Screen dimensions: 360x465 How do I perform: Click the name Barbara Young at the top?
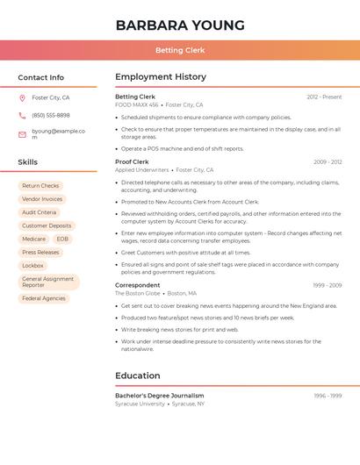pyautogui.click(x=180, y=25)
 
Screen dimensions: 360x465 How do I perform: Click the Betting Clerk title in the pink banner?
pyautogui.click(x=180, y=50)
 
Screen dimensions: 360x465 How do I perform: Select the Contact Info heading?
pyautogui.click(x=41, y=77)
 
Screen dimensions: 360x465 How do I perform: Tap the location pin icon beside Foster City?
pyautogui.click(x=22, y=98)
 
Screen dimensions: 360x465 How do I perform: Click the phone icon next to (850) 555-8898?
pyautogui.click(x=22, y=115)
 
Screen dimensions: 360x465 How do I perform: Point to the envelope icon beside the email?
pyautogui.click(x=22, y=134)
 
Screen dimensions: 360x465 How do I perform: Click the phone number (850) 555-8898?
pyautogui.click(x=51, y=115)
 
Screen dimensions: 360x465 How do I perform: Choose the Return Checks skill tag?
pyautogui.click(x=40, y=186)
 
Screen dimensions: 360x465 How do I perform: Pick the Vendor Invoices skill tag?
pyautogui.click(x=42, y=199)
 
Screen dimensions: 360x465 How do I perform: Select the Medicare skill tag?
pyautogui.click(x=33, y=239)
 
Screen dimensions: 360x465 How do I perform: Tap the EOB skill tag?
pyautogui.click(x=62, y=239)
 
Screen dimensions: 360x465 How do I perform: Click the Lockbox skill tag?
pyautogui.click(x=32, y=265)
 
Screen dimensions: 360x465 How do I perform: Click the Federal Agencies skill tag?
pyautogui.click(x=44, y=298)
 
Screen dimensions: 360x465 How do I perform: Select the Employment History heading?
pyautogui.click(x=161, y=77)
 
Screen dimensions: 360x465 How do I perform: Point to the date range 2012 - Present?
pyautogui.click(x=324, y=97)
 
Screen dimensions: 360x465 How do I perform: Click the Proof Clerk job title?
pyautogui.click(x=132, y=161)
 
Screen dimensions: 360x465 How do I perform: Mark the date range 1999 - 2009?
pyautogui.click(x=328, y=285)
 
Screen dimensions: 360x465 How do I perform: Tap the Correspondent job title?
pyautogui.click(x=138, y=285)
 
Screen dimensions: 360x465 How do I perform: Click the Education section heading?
pyautogui.click(x=138, y=376)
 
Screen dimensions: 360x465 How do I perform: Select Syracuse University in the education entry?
pyautogui.click(x=140, y=404)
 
